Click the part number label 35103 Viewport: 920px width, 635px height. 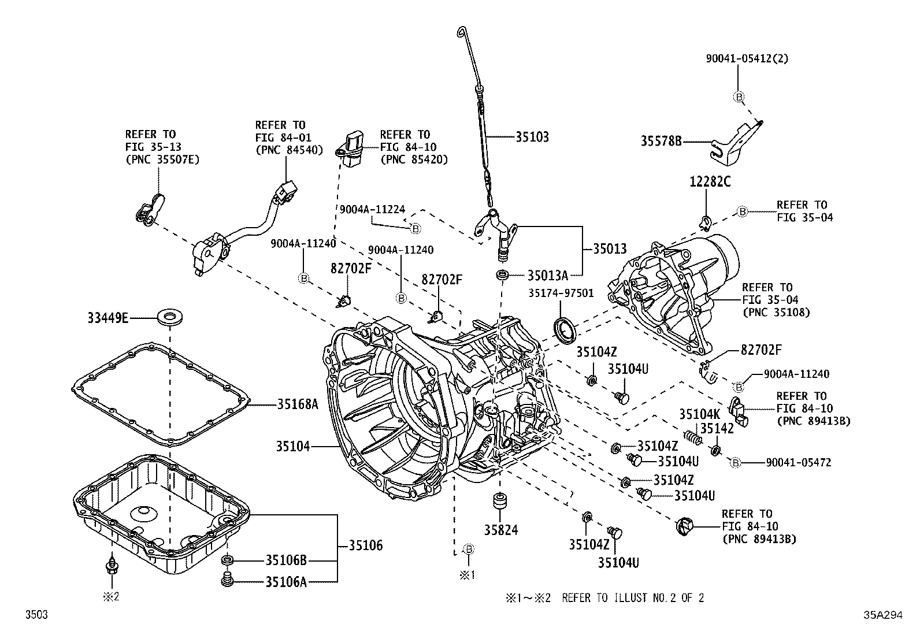(532, 138)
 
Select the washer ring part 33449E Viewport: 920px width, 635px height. (169, 317)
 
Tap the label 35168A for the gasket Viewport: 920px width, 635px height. (297, 404)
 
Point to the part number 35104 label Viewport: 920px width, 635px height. (292, 446)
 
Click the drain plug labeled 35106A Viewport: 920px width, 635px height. (227, 580)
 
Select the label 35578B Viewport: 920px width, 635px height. (661, 141)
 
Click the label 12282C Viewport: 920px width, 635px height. (710, 182)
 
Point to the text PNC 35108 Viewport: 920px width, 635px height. (776, 313)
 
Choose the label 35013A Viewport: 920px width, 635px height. (547, 275)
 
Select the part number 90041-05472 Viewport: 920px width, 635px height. (798, 462)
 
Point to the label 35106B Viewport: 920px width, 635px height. (286, 560)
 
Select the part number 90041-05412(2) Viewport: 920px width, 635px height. (747, 58)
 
